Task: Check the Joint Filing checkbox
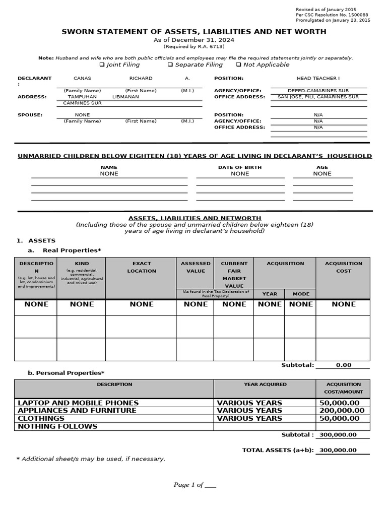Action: pyautogui.click(x=102, y=64)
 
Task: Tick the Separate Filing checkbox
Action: pyautogui.click(x=170, y=64)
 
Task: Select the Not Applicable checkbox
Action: pyautogui.click(x=238, y=64)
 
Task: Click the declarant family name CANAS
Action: pyautogui.click(x=82, y=79)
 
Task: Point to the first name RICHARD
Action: pyautogui.click(x=141, y=79)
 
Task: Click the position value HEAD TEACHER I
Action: pyautogui.click(x=318, y=79)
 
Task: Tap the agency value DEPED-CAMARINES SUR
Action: pyautogui.click(x=318, y=91)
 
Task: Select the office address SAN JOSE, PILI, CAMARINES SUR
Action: pyautogui.click(x=318, y=97)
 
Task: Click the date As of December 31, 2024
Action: pyautogui.click(x=193, y=40)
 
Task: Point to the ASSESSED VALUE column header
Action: pyautogui.click(x=196, y=267)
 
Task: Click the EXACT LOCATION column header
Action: pyautogui.click(x=142, y=267)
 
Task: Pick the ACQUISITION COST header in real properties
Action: pyautogui.click(x=344, y=267)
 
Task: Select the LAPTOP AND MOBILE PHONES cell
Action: pyautogui.click(x=78, y=403)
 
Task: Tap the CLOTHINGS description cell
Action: pyautogui.click(x=41, y=418)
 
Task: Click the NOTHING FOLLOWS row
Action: pyautogui.click(x=57, y=426)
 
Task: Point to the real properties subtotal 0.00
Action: pyautogui.click(x=344, y=365)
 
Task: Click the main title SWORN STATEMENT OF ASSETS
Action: pyautogui.click(x=193, y=31)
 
